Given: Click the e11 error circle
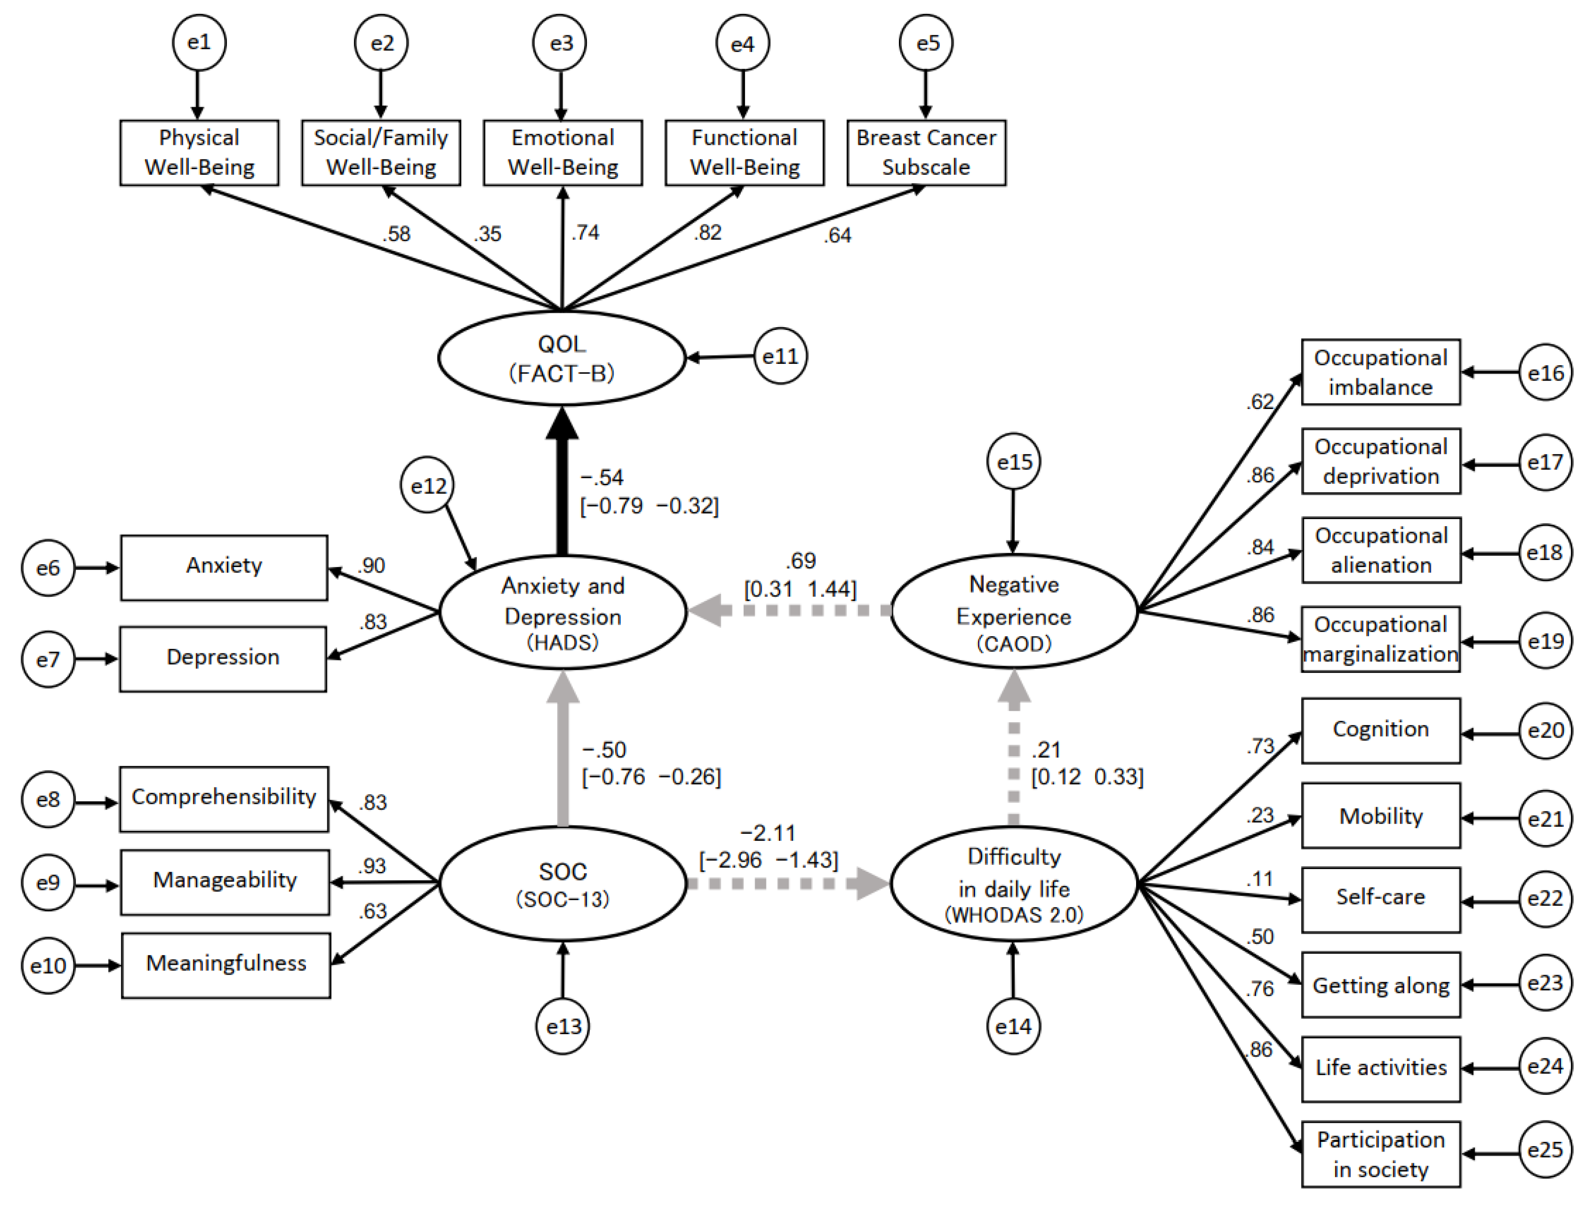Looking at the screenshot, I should tap(780, 356).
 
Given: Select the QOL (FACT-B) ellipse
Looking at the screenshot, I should tap(561, 358).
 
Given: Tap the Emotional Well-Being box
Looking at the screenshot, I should tap(563, 152).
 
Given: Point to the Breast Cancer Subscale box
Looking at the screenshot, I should tap(926, 152).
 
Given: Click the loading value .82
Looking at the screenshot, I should tap(708, 232).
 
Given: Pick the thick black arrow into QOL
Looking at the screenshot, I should tap(562, 484).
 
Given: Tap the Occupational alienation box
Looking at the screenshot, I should tap(1380, 550).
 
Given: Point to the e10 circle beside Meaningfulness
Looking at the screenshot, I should tap(48, 965).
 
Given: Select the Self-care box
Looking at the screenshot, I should tap(1380, 899).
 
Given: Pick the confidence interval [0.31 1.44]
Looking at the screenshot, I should tap(800, 589).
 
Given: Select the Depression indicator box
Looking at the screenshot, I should tap(223, 658).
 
